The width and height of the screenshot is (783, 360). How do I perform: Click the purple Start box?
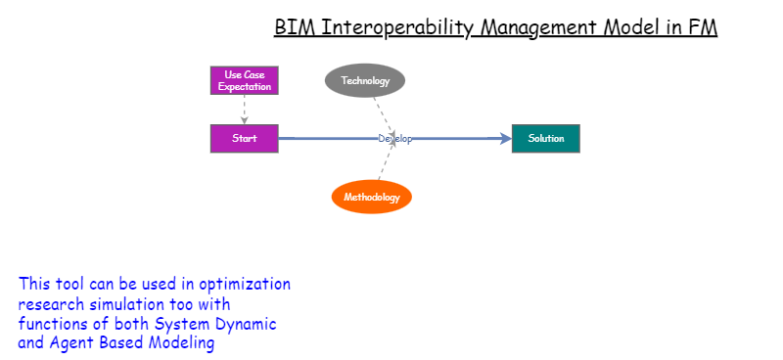pos(245,139)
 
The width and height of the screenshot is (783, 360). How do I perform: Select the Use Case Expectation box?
pos(245,80)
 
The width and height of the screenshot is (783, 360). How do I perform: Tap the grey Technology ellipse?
pos(365,81)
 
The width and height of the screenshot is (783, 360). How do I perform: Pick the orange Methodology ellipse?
pos(372,197)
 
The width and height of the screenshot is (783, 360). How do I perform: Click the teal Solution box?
pos(546,139)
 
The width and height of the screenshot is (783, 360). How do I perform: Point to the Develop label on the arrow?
pos(395,139)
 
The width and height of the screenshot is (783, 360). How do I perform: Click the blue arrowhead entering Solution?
pos(505,139)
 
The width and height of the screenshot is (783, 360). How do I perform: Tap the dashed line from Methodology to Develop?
pos(385,163)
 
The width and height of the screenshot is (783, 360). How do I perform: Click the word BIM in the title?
pos(291,27)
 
